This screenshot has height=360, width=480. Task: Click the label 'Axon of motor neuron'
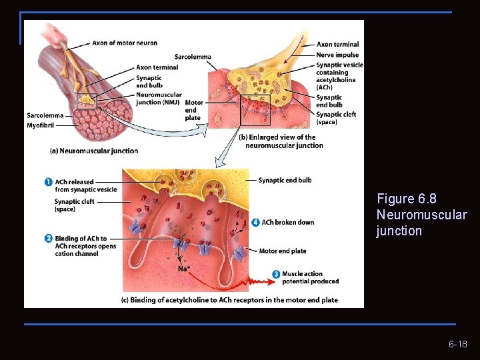[125, 43]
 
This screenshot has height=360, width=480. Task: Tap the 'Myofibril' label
[41, 125]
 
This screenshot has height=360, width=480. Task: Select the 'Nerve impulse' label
[337, 55]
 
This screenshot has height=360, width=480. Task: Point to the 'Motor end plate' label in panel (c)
[282, 251]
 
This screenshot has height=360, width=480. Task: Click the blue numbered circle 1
[49, 182]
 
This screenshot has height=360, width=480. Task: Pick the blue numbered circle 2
[49, 238]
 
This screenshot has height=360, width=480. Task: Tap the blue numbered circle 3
[276, 274]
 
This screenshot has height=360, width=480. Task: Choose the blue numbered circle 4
[256, 222]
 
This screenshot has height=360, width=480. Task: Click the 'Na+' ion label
[184, 268]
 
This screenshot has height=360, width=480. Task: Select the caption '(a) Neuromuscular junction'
[94, 151]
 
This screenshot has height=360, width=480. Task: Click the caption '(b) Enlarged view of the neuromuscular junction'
[280, 141]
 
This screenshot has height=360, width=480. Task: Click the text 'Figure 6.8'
[407, 199]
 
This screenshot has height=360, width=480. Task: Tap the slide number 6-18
[457, 345]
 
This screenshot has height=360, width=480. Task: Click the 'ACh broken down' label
[288, 223]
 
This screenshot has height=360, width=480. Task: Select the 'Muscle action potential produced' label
[310, 277]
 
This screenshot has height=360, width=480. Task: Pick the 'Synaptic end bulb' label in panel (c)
[285, 180]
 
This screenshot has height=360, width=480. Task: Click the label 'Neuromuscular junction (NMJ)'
[158, 99]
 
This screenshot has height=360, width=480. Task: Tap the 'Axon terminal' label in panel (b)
[337, 45]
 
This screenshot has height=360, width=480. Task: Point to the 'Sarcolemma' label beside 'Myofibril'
[45, 115]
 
